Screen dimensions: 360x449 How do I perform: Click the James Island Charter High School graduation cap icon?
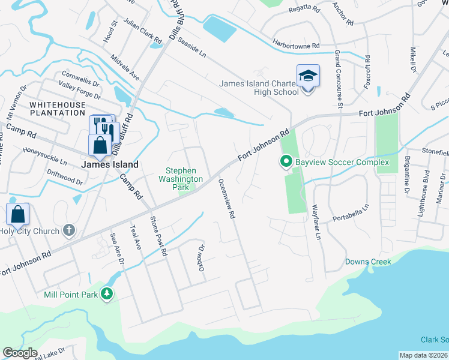pos(308,76)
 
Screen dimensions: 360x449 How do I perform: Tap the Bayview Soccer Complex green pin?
pos(286,161)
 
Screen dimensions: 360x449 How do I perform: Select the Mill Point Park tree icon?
pos(107,293)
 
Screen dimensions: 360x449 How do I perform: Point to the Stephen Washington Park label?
pos(181,175)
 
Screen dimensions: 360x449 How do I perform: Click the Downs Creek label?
pos(368,262)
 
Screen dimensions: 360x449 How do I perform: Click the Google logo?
pos(20,353)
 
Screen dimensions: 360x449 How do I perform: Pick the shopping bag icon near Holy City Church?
pos(18,213)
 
